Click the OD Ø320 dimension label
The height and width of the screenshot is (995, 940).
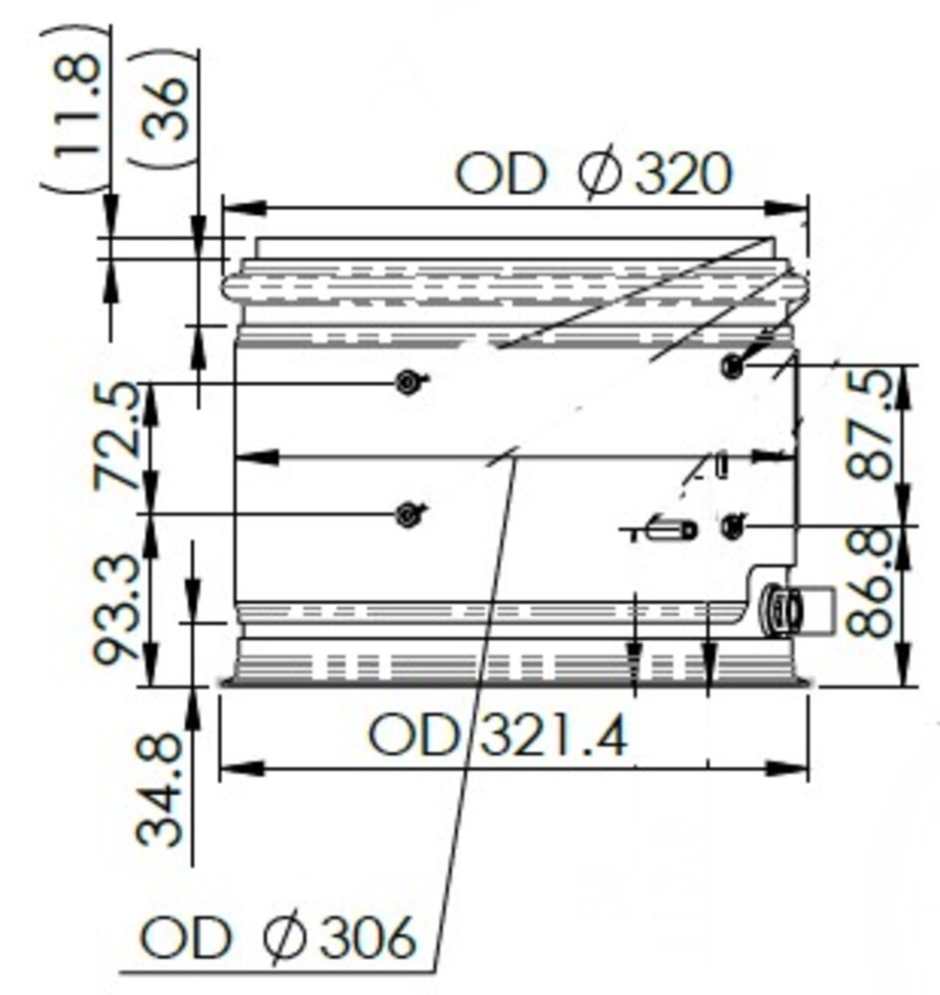pyautogui.click(x=593, y=174)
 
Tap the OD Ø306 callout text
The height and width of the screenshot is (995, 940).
pyautogui.click(x=277, y=938)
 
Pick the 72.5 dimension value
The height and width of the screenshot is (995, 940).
pyautogui.click(x=117, y=438)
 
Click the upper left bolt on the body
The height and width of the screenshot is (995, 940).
pyautogui.click(x=407, y=380)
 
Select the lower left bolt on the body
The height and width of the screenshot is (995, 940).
pyautogui.click(x=406, y=513)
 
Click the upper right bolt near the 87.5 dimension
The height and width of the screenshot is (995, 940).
pyautogui.click(x=733, y=366)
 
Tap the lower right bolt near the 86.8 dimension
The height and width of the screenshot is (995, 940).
pyautogui.click(x=733, y=524)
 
